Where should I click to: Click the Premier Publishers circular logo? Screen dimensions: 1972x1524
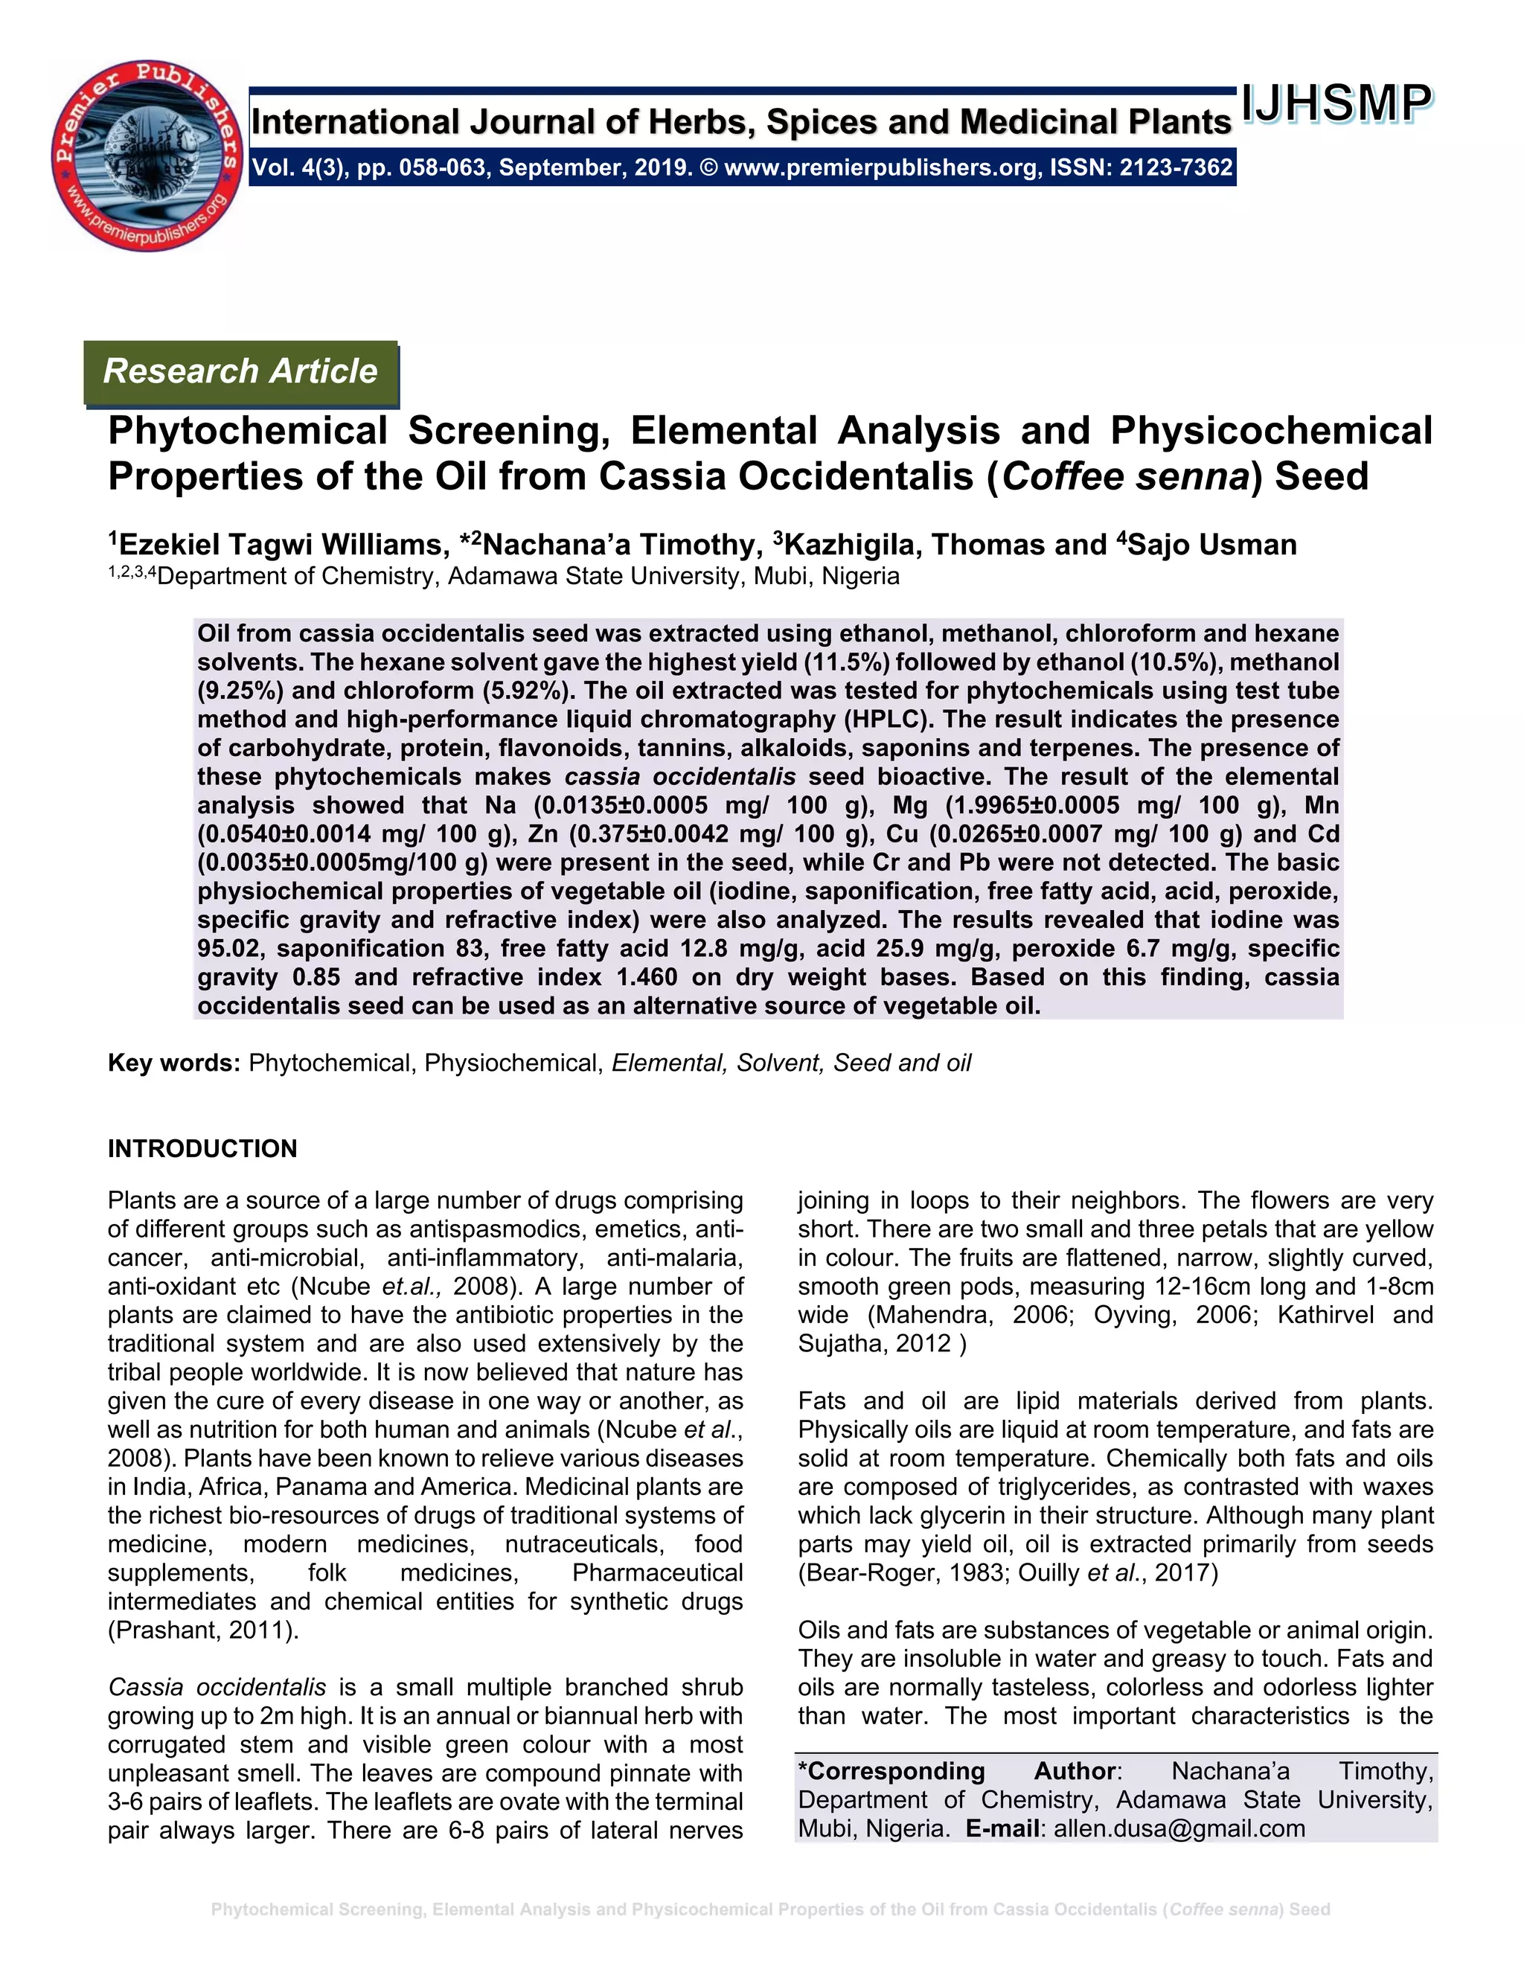pyautogui.click(x=147, y=156)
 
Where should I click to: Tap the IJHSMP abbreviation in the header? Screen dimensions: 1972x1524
pyautogui.click(x=1336, y=104)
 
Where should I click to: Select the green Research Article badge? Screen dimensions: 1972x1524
pyautogui.click(x=240, y=371)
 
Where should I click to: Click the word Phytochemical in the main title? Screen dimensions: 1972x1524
pyautogui.click(x=247, y=431)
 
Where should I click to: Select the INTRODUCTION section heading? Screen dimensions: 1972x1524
pyautogui.click(x=202, y=1148)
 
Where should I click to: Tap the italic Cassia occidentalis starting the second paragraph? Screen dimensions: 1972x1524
pyautogui.click(x=217, y=1687)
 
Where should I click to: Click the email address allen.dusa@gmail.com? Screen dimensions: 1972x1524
pyautogui.click(x=1179, y=1828)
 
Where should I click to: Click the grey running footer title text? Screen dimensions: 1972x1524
pyautogui.click(x=770, y=1909)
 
